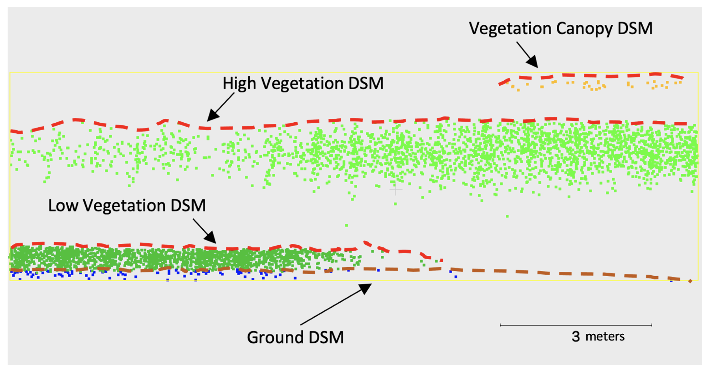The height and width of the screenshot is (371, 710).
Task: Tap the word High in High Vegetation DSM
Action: [239, 83]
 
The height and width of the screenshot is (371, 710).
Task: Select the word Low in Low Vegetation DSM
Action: [63, 206]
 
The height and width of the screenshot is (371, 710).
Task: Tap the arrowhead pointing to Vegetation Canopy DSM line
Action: [532, 62]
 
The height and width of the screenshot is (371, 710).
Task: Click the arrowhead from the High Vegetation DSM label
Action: [213, 115]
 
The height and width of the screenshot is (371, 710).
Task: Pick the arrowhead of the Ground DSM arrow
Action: [366, 288]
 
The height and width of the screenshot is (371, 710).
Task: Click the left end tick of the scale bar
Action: [500, 325]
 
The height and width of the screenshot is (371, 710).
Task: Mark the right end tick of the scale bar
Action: [652, 325]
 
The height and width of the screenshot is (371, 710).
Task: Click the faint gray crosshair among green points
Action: [396, 190]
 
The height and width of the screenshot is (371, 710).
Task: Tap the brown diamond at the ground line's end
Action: [690, 281]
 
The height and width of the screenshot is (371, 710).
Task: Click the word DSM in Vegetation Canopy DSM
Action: [635, 29]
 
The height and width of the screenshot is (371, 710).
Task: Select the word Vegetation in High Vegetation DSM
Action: [302, 84]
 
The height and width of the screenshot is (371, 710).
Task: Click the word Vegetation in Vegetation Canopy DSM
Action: [510, 29]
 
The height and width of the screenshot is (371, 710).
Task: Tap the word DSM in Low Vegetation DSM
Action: [188, 206]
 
